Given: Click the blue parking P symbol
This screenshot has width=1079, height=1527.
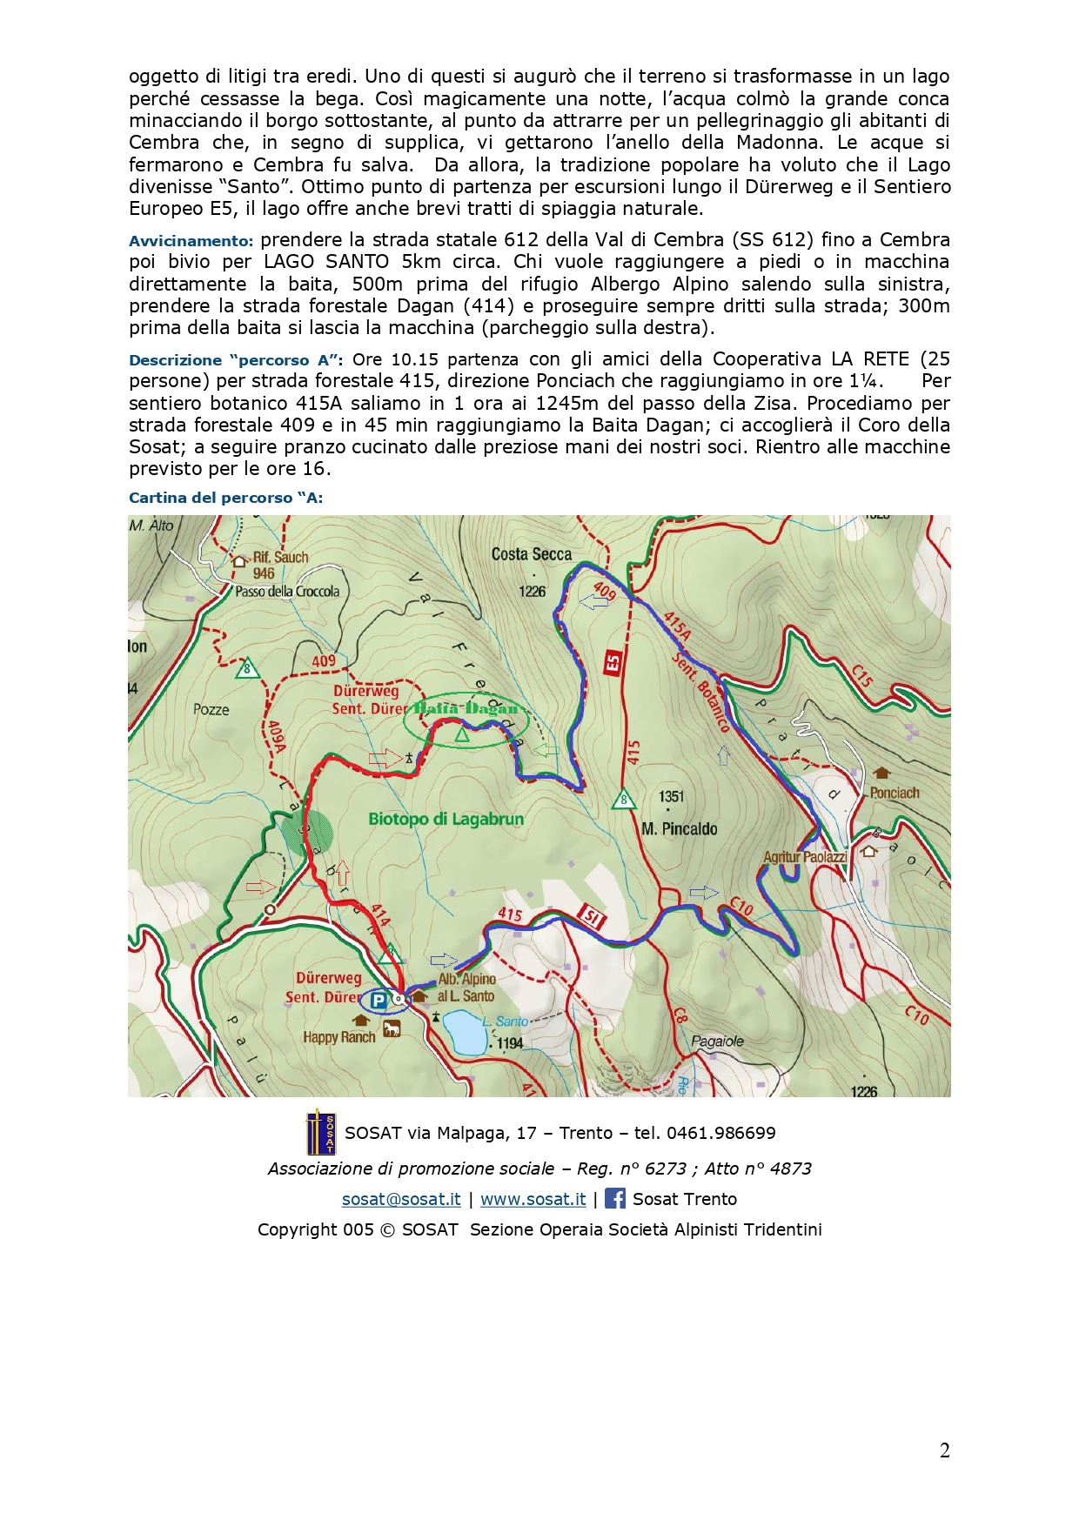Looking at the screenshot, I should click(379, 1001).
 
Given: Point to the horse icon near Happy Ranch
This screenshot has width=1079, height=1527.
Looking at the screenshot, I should click(392, 1029).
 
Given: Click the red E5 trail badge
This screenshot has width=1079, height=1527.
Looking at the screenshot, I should click(613, 663).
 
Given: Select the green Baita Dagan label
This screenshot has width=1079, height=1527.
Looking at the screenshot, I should click(466, 708).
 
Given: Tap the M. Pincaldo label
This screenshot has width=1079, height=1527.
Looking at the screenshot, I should click(680, 829).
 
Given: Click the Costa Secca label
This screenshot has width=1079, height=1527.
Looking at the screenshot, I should click(532, 554).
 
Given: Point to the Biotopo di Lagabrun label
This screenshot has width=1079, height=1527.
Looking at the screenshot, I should click(446, 819).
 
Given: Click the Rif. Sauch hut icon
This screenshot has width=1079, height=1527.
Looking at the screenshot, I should click(240, 561).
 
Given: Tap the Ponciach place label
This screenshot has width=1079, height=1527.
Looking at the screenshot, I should click(895, 793).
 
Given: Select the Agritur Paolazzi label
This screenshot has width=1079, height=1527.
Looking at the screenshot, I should click(805, 857).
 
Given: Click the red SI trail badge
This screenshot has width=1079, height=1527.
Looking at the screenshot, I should click(592, 916).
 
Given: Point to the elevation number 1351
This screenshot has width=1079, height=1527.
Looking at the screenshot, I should click(672, 796).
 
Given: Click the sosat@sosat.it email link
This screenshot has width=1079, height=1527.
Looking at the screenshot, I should click(401, 1199).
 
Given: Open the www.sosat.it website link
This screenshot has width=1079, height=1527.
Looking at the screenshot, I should click(533, 1199).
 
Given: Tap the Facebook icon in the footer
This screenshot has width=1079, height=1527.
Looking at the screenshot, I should click(614, 1199).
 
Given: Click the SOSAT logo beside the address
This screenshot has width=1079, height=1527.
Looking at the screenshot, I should click(320, 1133).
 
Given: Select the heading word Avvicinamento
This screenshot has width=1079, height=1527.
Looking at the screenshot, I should click(191, 241).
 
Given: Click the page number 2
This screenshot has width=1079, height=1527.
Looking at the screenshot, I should click(944, 1450).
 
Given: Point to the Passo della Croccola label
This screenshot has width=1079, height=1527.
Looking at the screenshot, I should click(287, 592).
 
